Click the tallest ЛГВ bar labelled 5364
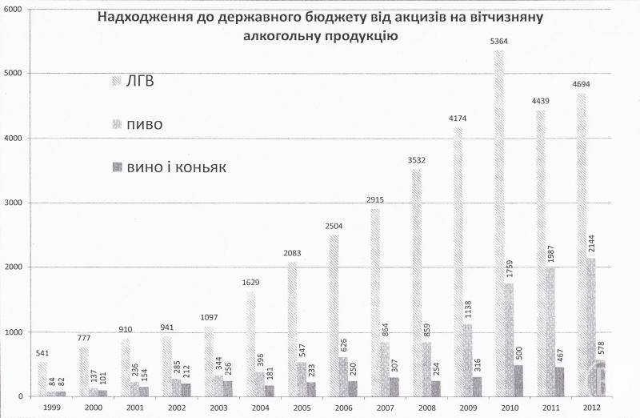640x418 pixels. point(499,224)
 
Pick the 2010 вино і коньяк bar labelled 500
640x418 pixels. point(518,380)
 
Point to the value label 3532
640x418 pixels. point(416,161)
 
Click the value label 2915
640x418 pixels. point(374,201)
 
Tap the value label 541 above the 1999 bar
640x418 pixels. point(42,355)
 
